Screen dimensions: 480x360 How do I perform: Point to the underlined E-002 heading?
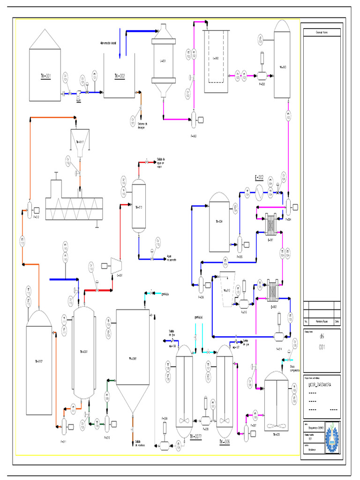coord(259,178)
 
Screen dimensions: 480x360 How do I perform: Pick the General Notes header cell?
coord(321,32)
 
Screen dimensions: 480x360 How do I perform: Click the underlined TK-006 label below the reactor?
coord(225,442)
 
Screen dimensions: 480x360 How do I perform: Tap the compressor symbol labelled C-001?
coord(116,265)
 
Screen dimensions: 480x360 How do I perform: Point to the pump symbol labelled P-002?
coord(194,120)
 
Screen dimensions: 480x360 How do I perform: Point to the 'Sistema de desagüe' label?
coord(142,126)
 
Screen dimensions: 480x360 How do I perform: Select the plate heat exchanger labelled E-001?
coord(271,224)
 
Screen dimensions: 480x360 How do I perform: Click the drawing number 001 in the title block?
coord(322,347)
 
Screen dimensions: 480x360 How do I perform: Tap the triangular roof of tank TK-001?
coord(45,39)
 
